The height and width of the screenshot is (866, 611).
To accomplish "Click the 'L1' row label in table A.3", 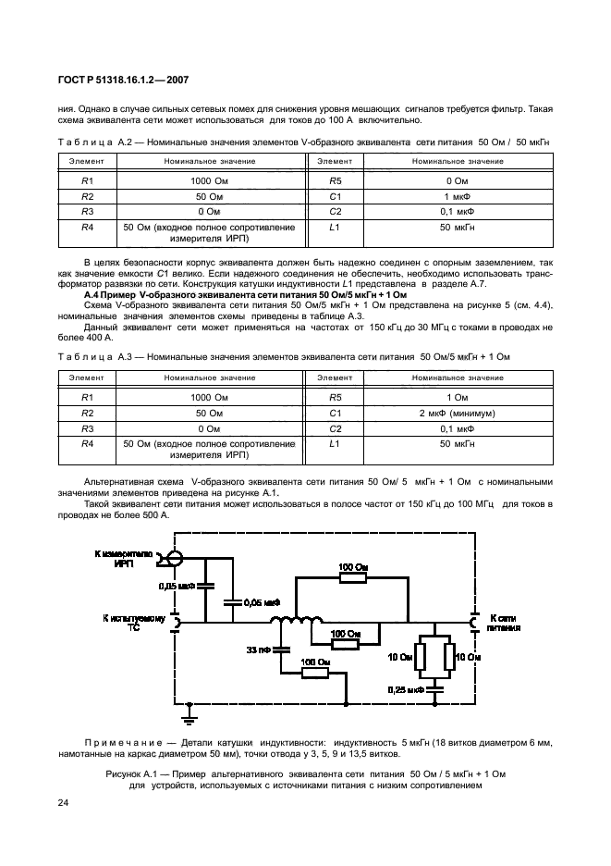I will (x=335, y=444).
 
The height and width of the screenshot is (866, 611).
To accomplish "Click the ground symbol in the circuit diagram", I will (x=189, y=712).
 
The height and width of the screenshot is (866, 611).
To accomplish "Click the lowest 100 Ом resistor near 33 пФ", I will (x=315, y=674).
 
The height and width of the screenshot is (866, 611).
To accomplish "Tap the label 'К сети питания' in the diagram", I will (x=504, y=621).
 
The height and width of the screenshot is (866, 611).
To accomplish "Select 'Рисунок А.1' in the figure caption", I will (x=135, y=773).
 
